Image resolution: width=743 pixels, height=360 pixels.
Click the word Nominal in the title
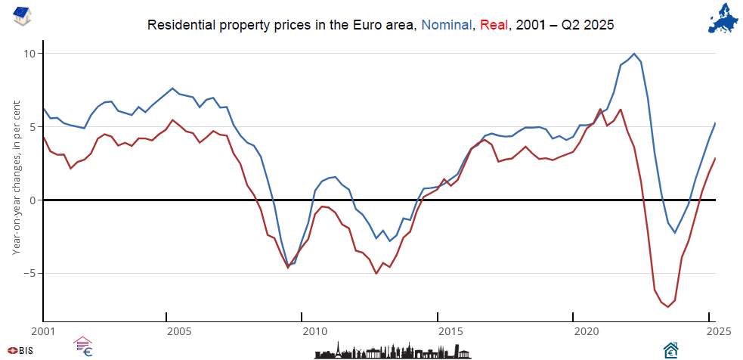tap(447, 25)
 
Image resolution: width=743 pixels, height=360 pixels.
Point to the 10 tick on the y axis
tap(29, 54)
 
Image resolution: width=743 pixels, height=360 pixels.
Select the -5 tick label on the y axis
tap(29, 273)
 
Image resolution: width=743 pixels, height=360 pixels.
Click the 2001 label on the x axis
tap(44, 331)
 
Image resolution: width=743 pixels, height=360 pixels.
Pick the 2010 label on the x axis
tap(314, 331)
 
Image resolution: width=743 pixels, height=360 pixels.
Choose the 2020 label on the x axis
tap(586, 331)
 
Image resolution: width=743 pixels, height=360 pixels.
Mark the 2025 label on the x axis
tap(707, 331)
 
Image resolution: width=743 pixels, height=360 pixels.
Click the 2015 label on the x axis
tap(450, 331)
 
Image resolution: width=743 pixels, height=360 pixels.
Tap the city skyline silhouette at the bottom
tap(393, 349)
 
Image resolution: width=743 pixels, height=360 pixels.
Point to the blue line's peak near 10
tap(633, 54)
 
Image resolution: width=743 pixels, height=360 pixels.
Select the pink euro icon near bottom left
tap(82, 347)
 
